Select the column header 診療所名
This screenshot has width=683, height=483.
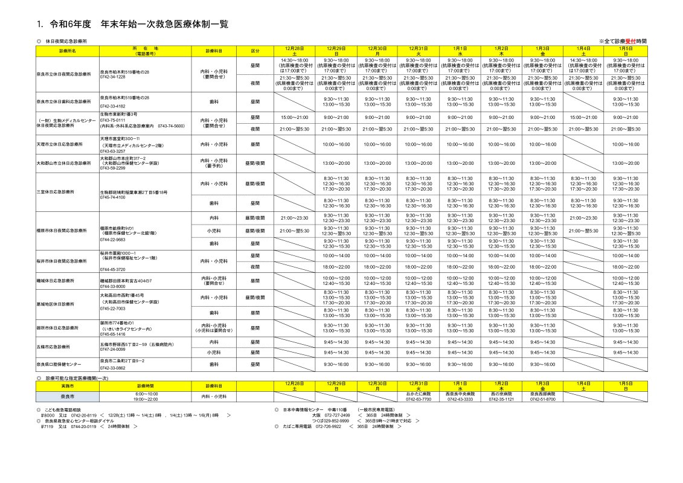(68, 51)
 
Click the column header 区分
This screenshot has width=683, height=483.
(255, 51)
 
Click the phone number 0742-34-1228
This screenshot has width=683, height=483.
(113, 77)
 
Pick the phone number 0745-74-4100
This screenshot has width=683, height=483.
(113, 197)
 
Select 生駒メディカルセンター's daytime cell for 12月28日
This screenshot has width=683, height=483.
(294, 118)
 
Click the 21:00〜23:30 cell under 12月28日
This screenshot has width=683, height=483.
(294, 217)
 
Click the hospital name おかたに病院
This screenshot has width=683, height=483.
(418, 394)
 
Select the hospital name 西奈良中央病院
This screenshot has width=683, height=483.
(460, 394)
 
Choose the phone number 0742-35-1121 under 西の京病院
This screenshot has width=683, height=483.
(501, 399)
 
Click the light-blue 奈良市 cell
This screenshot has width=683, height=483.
(68, 397)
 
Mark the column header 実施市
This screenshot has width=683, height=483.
(68, 385)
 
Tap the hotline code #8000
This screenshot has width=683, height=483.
(48, 415)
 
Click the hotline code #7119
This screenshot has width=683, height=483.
(48, 426)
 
